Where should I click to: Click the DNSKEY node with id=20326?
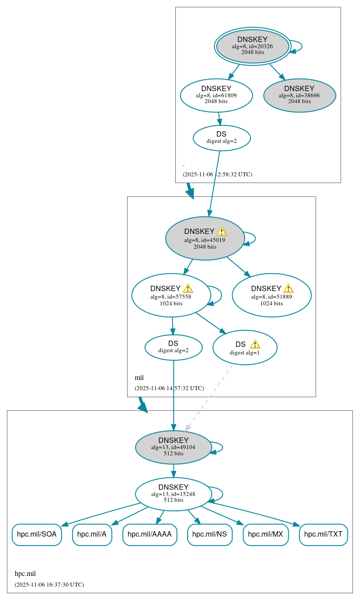pyautogui.click(x=252, y=46)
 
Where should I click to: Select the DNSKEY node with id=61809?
pyautogui.click(x=216, y=95)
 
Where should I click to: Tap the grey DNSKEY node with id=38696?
pyautogui.click(x=299, y=95)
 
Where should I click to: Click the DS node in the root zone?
pyautogui.click(x=221, y=137)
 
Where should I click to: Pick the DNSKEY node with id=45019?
pyautogui.click(x=205, y=239)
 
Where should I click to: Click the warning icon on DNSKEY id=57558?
pyautogui.click(x=188, y=288)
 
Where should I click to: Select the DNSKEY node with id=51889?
pyautogui.click(x=271, y=295)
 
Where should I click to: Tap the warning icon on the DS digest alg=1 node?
pyautogui.click(x=255, y=344)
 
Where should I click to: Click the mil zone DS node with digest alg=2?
pyautogui.click(x=174, y=347)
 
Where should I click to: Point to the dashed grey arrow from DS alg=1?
pyautogui.click(x=209, y=397)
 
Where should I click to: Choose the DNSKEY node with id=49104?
pyautogui.click(x=173, y=447)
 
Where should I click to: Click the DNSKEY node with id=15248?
pyautogui.click(x=173, y=494)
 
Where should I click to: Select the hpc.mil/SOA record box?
pyautogui.click(x=37, y=534)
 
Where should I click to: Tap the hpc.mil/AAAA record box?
pyautogui.click(x=149, y=534)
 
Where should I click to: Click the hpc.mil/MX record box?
pyautogui.click(x=265, y=534)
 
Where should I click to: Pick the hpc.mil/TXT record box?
pyautogui.click(x=323, y=534)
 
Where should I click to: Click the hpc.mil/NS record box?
pyautogui.click(x=210, y=534)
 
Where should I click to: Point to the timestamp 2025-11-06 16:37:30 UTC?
pyautogui.click(x=49, y=584)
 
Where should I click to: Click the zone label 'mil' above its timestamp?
pyautogui.click(x=139, y=378)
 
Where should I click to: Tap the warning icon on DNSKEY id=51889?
pyautogui.click(x=289, y=288)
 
